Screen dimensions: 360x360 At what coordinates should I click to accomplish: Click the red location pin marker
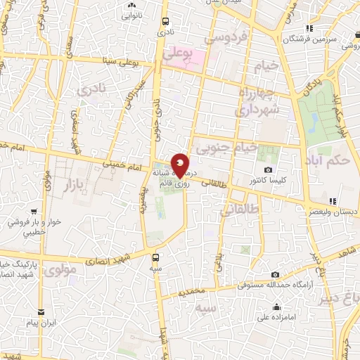coord(180,165)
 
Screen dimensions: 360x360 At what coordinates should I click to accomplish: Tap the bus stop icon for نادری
coord(165,21)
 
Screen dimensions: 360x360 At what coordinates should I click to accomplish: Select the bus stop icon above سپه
coord(156,257)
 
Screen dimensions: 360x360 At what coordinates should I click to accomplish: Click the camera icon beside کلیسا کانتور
coord(268,169)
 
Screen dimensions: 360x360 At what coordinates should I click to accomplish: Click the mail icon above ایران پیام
coord(41,311)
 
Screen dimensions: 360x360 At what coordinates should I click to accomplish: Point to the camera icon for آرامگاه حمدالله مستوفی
coord(275,274)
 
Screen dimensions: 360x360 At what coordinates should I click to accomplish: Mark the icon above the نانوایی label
coord(131,4)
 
